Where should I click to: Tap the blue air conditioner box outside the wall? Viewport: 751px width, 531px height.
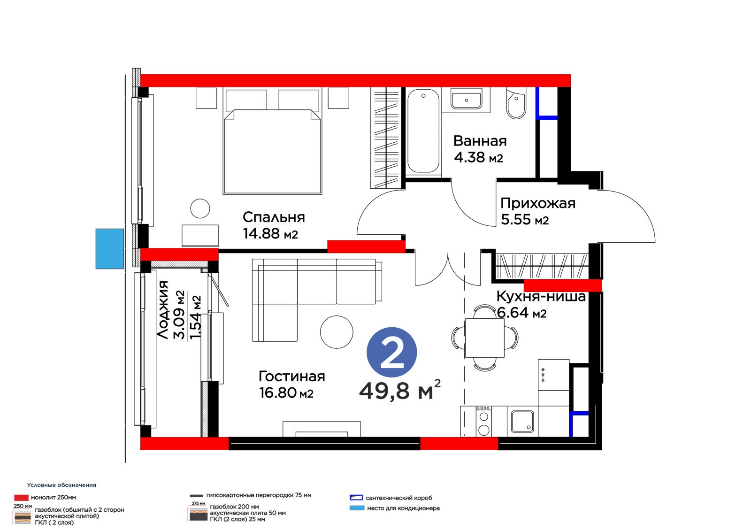[x=110, y=248]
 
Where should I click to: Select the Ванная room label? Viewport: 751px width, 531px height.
[x=480, y=141]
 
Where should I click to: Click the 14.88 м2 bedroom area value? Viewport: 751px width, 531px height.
[x=270, y=233]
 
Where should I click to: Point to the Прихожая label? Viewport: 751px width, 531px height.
[x=538, y=203]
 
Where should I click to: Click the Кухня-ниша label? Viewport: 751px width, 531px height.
[x=541, y=296]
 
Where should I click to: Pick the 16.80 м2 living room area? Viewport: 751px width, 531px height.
[x=286, y=392]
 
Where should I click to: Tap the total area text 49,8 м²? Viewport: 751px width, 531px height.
[x=399, y=390]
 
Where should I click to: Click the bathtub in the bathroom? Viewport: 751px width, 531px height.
[x=423, y=131]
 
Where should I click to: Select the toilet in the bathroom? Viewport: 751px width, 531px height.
[x=516, y=103]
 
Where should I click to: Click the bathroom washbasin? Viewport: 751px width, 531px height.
[x=466, y=99]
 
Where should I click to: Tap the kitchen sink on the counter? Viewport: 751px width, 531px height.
[x=522, y=422]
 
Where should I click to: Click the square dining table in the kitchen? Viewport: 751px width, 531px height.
[x=484, y=338]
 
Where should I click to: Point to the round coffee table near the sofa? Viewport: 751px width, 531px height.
[x=337, y=332]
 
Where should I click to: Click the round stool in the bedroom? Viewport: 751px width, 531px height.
[x=200, y=208]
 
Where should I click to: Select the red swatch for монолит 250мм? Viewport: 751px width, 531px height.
[x=21, y=498]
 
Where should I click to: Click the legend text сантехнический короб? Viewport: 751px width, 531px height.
[x=398, y=498]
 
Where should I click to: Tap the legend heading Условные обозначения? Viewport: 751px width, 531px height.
[x=61, y=485]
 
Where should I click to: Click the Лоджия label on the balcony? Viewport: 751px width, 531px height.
[x=162, y=310]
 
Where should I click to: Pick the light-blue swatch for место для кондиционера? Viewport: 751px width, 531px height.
[x=357, y=508]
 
